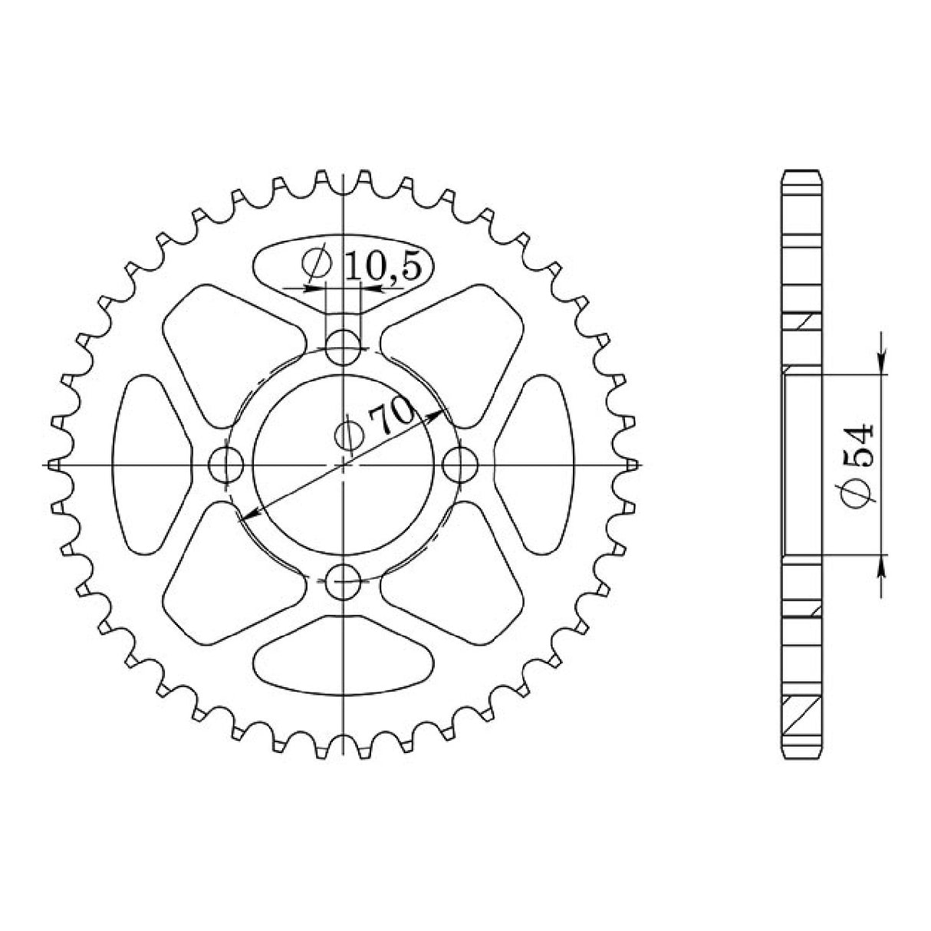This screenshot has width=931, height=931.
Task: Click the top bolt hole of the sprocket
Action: coord(344,347)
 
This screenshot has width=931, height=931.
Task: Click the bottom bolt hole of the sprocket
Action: coord(344,582)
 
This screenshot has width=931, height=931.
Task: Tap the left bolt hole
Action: coord(226,464)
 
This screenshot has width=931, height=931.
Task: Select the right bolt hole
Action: coord(461,464)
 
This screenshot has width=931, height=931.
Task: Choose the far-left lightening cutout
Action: coord(150,464)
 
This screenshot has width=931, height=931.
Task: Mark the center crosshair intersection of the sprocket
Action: coord(344,464)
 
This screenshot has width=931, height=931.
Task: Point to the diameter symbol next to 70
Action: coord(348,436)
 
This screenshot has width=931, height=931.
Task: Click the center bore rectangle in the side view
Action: coord(803,464)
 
